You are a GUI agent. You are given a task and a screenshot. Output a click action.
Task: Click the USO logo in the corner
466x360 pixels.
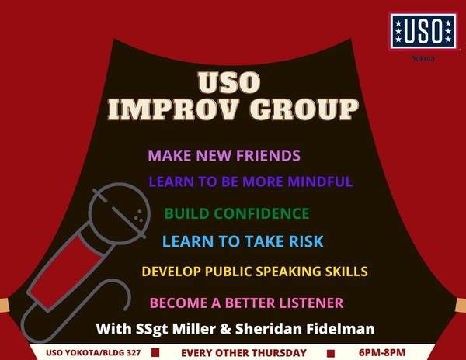pos(423,31)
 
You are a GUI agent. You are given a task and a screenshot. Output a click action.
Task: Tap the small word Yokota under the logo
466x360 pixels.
pos(423,58)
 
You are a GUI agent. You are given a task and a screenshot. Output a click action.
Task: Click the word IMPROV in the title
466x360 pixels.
pos(173,109)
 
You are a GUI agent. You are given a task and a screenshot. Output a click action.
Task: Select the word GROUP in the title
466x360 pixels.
pos(304,109)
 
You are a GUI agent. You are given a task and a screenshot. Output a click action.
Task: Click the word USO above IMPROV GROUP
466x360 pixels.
pos(229,82)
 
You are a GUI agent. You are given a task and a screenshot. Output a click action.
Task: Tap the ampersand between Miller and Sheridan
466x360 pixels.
pos(225,329)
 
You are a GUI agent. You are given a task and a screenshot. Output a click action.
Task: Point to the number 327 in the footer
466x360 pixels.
pos(134,353)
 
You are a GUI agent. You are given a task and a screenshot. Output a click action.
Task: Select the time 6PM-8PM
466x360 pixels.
pos(382,352)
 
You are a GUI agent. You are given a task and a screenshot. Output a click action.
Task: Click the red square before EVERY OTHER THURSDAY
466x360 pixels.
pos(155,352)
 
